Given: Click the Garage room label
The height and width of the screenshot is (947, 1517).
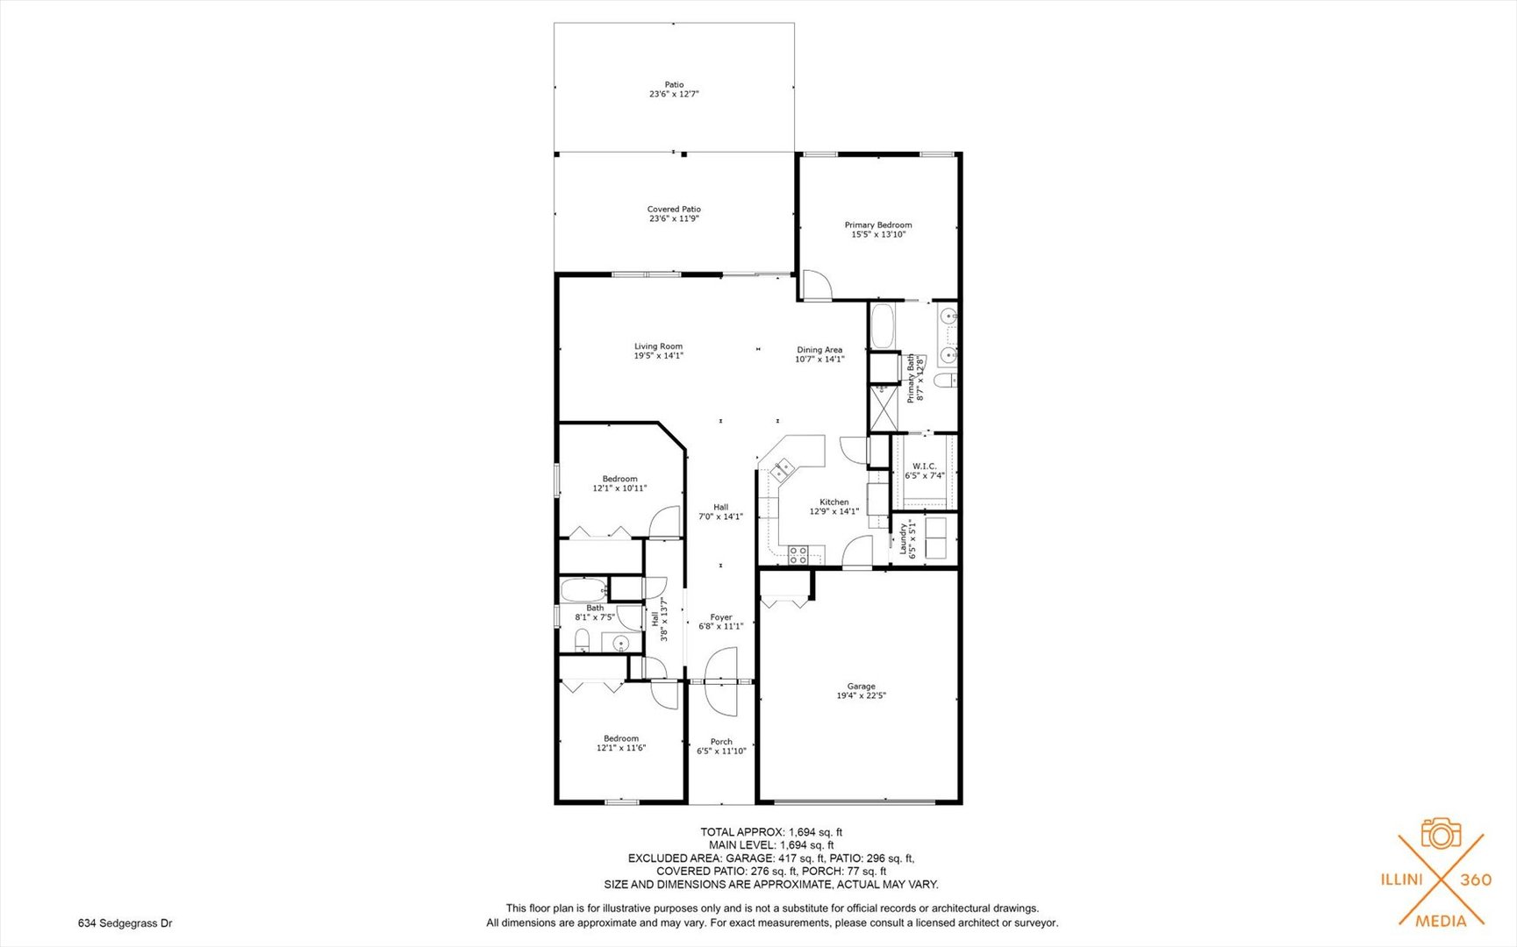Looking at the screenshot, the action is click(861, 687).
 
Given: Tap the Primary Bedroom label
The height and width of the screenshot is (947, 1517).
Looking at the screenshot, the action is click(878, 225).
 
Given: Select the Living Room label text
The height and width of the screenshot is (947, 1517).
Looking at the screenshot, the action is click(658, 346).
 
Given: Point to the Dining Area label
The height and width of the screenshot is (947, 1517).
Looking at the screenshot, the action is click(819, 350).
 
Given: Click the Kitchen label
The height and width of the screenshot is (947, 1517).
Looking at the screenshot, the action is click(834, 502).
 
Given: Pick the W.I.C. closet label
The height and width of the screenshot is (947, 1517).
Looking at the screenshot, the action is click(924, 466).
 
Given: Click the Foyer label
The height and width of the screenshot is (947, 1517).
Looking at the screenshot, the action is click(720, 617).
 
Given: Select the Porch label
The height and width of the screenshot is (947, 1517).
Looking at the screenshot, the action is click(721, 742).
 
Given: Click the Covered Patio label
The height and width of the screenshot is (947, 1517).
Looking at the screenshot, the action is click(674, 210).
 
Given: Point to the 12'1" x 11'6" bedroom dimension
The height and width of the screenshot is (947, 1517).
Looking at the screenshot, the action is click(621, 748).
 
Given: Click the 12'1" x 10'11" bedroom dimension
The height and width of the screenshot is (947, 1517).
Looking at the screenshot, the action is click(619, 488).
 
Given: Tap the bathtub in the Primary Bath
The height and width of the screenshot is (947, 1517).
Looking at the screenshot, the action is click(882, 325).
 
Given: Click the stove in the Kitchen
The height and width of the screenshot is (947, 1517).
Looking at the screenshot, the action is click(798, 554).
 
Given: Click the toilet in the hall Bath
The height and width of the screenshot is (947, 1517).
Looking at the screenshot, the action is click(581, 641).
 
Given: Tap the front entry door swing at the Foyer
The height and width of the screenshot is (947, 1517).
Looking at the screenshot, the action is click(721, 680).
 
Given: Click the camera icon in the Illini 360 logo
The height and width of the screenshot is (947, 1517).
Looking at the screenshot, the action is click(1440, 833).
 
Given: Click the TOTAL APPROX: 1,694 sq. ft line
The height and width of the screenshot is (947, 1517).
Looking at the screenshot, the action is click(771, 832).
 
